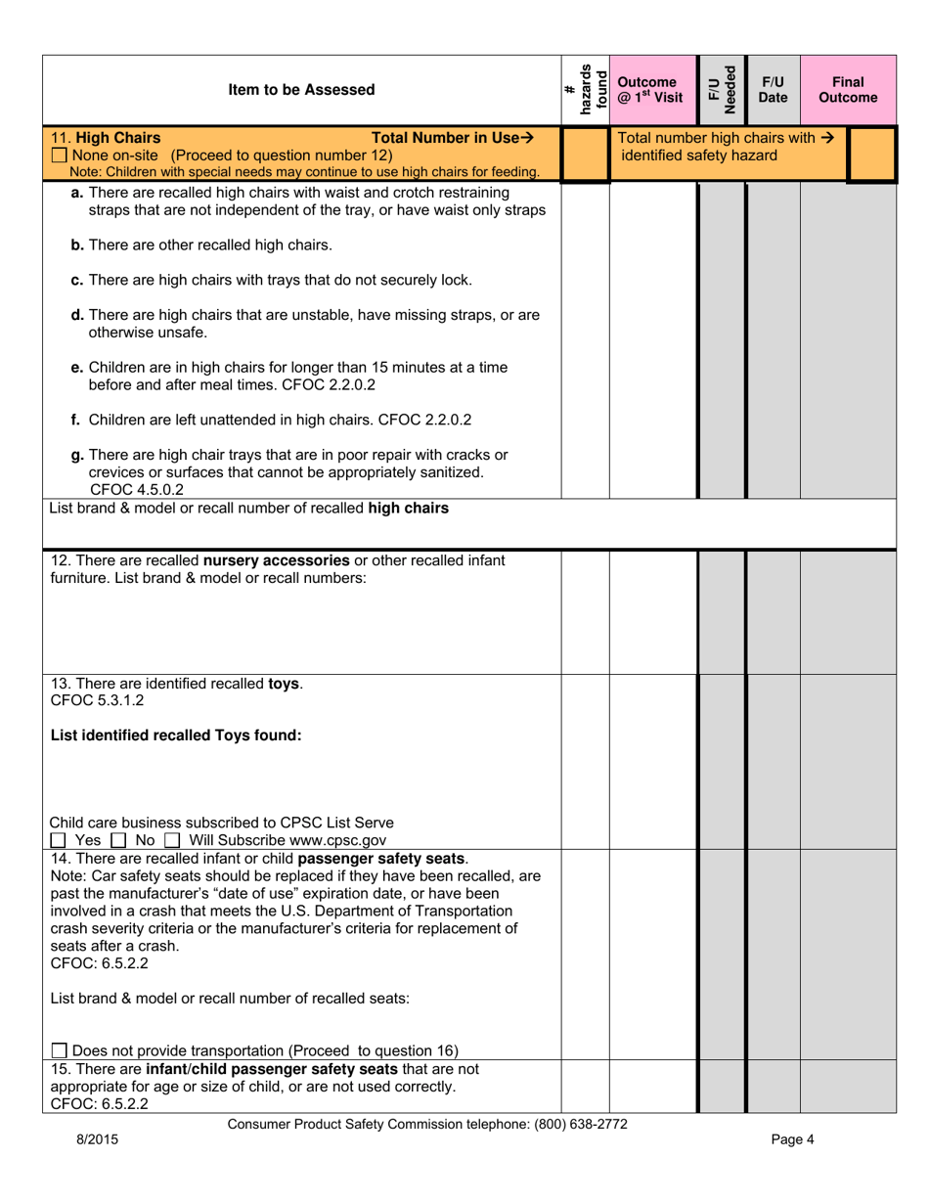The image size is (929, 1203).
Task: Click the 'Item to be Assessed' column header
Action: click(301, 90)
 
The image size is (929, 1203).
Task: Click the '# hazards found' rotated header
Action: click(585, 90)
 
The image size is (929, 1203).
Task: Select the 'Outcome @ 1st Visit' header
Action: click(651, 90)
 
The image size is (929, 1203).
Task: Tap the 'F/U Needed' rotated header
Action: click(721, 90)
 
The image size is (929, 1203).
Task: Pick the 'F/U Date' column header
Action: click(773, 90)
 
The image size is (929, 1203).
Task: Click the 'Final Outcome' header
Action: click(848, 90)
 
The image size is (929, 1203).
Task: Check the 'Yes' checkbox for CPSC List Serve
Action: click(59, 840)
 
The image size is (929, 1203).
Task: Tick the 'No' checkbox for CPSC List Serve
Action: click(118, 840)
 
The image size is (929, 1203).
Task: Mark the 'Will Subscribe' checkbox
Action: click(172, 840)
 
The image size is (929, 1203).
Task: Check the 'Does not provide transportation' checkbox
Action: click(59, 1050)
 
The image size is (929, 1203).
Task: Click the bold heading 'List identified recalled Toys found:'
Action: click(175, 735)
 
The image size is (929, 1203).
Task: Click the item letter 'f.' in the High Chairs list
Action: click(77, 420)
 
